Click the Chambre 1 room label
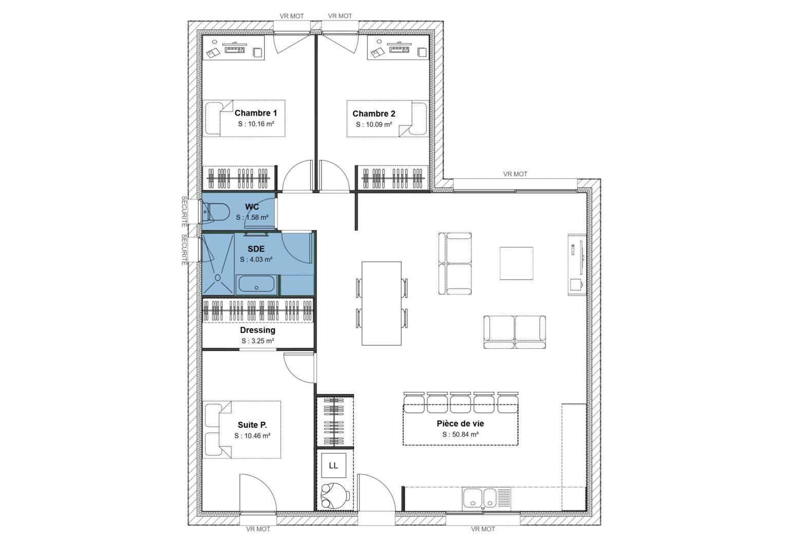tap(256, 113)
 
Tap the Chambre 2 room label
tap(373, 114)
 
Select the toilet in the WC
tap(216, 212)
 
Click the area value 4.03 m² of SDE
tap(256, 260)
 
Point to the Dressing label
tap(257, 330)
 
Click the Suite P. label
tap(252, 425)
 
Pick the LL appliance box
tap(333, 466)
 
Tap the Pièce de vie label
tap(460, 424)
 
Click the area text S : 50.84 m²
tap(460, 435)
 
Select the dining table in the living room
tap(381, 303)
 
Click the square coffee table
tap(517, 263)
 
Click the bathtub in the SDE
tap(256, 285)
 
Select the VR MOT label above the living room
tap(515, 174)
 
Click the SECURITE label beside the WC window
tap(183, 211)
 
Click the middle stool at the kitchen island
tap(461, 402)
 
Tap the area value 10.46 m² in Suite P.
tap(252, 436)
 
